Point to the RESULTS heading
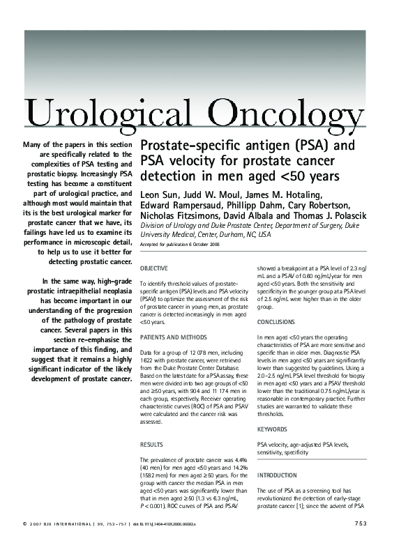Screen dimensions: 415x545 151,443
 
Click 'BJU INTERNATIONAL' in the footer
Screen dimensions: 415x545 69,523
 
